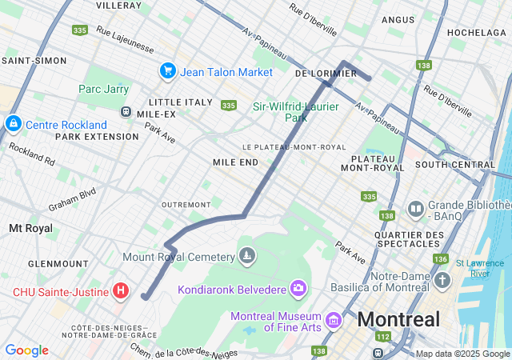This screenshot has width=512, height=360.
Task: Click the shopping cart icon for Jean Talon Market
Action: pyautogui.click(x=167, y=71)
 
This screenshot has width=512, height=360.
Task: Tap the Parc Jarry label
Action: pyautogui.click(x=103, y=89)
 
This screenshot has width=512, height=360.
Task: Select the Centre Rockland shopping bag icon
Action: pyautogui.click(x=13, y=124)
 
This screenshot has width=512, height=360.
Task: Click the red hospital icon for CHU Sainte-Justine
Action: pyautogui.click(x=120, y=290)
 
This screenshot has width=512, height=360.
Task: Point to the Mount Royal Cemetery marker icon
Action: pyautogui.click(x=248, y=256)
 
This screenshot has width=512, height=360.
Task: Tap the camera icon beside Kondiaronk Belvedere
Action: pyautogui.click(x=298, y=287)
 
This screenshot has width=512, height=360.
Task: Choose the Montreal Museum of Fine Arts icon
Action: pyautogui.click(x=334, y=321)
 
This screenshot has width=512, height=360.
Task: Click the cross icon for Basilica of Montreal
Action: pyautogui.click(x=443, y=280)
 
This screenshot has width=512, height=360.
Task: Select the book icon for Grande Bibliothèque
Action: pyautogui.click(x=415, y=210)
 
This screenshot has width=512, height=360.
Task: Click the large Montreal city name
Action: pyautogui.click(x=398, y=320)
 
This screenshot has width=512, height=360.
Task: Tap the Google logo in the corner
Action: pyautogui.click(x=26, y=350)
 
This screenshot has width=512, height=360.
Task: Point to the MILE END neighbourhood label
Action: pyautogui.click(x=235, y=162)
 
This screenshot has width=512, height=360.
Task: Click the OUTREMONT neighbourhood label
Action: pyautogui.click(x=186, y=205)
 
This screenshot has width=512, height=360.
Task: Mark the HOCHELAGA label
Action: pyautogui.click(x=478, y=32)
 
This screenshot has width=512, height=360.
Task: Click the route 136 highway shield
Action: pyautogui.click(x=440, y=259)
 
